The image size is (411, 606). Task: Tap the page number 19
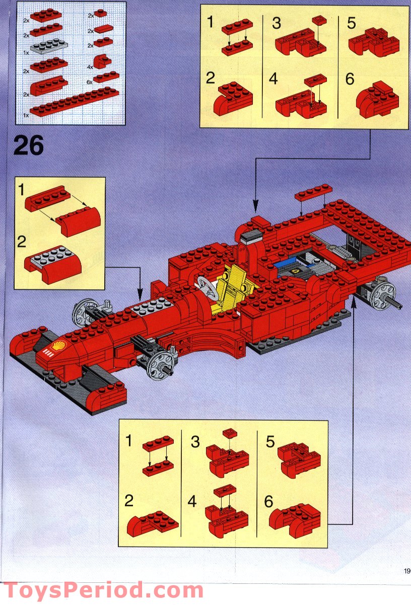[x=406, y=571]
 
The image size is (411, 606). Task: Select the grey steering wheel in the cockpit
[x=205, y=287]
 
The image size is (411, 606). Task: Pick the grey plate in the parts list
[x=49, y=48]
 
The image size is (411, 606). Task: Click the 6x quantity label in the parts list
[x=90, y=81]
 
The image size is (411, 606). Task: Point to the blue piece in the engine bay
[x=286, y=264]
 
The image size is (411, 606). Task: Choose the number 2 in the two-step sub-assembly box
[x=21, y=242]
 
